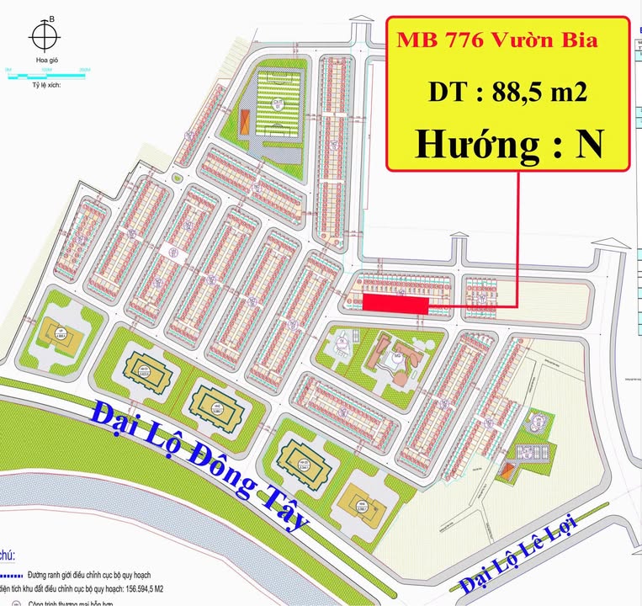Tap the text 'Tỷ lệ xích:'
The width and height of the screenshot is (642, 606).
47,85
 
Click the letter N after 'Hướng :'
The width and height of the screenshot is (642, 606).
588,145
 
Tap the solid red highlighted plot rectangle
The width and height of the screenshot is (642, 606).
395,303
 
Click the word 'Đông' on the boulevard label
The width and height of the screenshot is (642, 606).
198,459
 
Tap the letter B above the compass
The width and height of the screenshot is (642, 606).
52,19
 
